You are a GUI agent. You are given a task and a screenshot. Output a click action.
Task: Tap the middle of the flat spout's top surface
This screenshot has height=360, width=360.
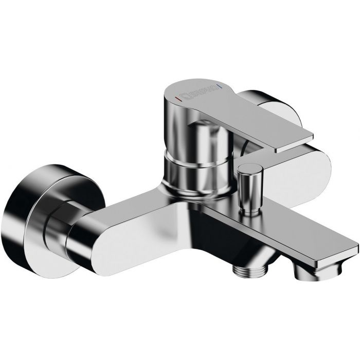(309, 226)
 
